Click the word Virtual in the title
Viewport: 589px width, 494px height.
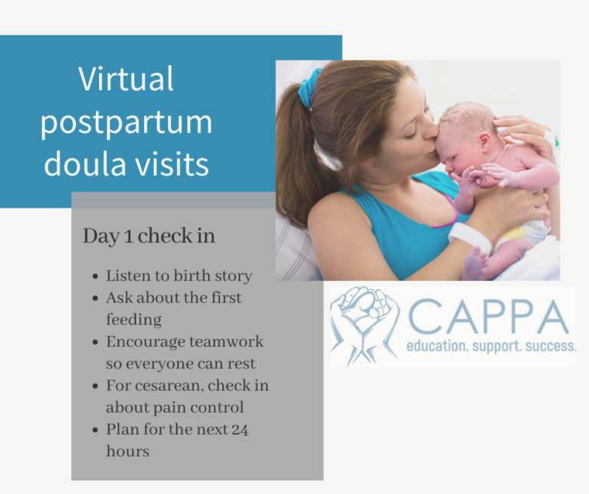[127, 79]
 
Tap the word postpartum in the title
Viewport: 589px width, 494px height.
[127, 123]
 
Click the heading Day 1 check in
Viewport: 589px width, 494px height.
[149, 236]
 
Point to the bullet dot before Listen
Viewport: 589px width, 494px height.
[94, 276]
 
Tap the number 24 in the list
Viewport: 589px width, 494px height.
[239, 429]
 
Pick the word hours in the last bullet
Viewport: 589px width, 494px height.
[127, 451]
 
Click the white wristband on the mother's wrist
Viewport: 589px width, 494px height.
[469, 236]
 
